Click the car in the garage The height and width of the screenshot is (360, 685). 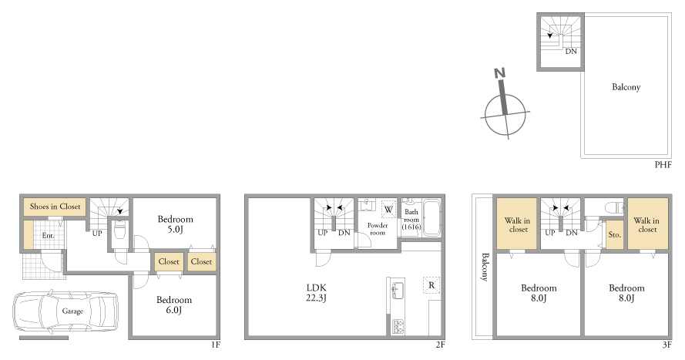pyautogui.click(x=65, y=311)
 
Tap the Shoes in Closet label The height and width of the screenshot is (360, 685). pyautogui.click(x=55, y=207)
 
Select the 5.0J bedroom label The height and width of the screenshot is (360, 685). pyautogui.click(x=175, y=224)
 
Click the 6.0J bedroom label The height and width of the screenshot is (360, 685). pyautogui.click(x=174, y=304)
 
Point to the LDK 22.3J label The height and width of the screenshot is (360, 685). pyautogui.click(x=316, y=293)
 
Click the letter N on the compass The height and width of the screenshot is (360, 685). pyautogui.click(x=500, y=73)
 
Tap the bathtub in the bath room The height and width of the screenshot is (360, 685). pyautogui.click(x=431, y=217)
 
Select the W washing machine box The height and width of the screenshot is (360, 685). pyautogui.click(x=388, y=209)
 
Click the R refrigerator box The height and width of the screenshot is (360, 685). pyautogui.click(x=431, y=285)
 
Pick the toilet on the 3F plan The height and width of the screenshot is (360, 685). pyautogui.click(x=614, y=207)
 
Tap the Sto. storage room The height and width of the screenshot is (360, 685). pyautogui.click(x=615, y=234)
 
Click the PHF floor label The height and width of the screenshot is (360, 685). pyautogui.click(x=663, y=165)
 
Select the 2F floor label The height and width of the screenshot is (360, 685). pyautogui.click(x=440, y=345)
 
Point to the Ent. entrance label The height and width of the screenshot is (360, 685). pyautogui.click(x=48, y=235)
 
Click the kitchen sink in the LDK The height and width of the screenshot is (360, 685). pyautogui.click(x=398, y=291)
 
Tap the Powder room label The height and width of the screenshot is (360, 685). pyautogui.click(x=378, y=229)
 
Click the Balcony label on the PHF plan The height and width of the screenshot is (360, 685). pyautogui.click(x=626, y=87)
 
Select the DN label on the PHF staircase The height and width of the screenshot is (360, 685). pyautogui.click(x=571, y=51)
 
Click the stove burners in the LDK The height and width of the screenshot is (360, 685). pyautogui.click(x=398, y=326)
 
